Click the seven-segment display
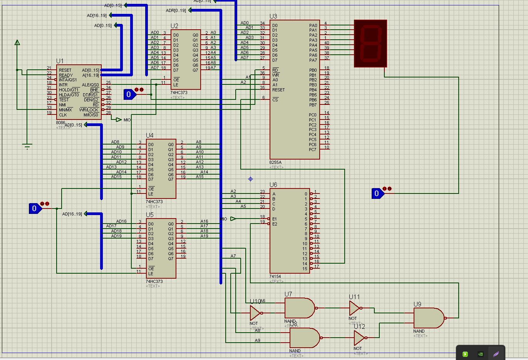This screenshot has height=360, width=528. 370,44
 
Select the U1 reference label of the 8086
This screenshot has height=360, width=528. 60,61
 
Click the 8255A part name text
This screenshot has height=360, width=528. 275,163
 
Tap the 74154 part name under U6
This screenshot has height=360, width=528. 275,276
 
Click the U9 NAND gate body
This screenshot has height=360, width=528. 427,318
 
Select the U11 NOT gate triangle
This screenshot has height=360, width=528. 354,308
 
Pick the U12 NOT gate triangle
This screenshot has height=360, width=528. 359,338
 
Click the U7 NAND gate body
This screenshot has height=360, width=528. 299,308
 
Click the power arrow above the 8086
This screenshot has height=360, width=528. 17,43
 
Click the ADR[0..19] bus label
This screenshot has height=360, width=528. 176,10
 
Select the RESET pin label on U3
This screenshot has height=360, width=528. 278,90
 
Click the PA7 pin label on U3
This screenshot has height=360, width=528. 313,60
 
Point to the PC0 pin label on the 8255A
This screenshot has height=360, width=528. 312,115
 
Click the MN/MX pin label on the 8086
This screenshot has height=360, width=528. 65,110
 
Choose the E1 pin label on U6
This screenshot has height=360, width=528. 275,219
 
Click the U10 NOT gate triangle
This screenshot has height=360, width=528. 255,313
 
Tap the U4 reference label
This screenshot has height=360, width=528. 149,135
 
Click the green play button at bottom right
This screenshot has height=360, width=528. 465,354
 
